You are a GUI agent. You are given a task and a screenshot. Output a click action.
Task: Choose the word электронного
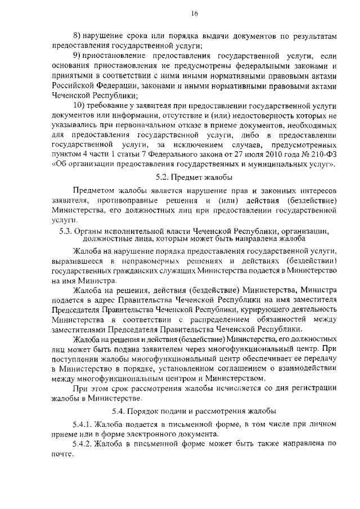click(152, 435)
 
